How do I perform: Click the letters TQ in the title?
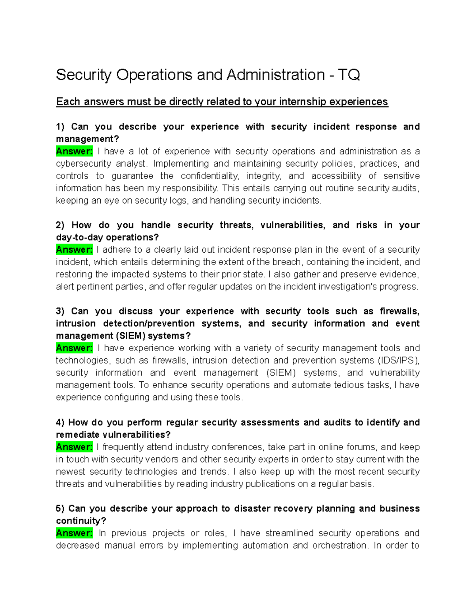tap(349, 75)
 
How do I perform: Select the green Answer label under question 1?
tap(74, 151)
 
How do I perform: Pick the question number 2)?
tap(60, 225)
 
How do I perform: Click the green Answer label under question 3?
tap(74, 348)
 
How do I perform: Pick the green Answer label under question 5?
tap(74, 533)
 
